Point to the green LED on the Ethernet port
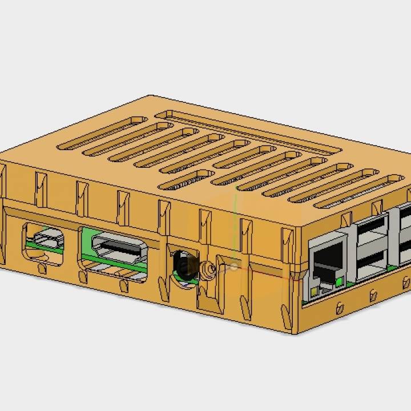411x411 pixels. [x=340, y=281]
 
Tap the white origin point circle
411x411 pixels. [x=233, y=266]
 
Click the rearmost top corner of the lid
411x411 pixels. [x=151, y=96]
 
